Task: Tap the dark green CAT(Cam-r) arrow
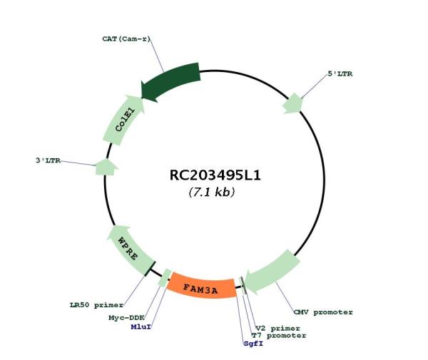170,81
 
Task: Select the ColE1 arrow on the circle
123,120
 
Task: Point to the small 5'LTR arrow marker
293,103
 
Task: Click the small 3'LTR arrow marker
106,167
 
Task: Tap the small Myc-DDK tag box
165,278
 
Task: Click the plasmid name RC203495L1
215,175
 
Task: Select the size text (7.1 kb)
212,192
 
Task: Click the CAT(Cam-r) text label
126,39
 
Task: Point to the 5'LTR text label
340,73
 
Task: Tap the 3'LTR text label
48,160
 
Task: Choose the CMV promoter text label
323,312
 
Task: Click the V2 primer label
277,329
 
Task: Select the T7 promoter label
279,336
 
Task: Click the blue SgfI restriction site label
253,344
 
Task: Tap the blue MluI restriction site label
141,326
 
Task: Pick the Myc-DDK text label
127,318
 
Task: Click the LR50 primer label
96,305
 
